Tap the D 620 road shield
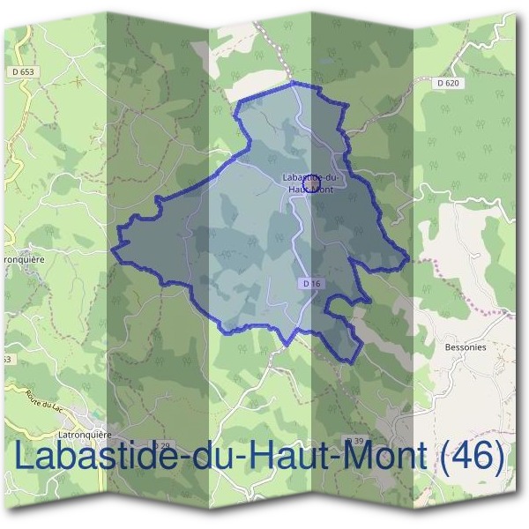[x=449, y=82]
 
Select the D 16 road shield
[x=309, y=284]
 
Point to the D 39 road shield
[x=354, y=440]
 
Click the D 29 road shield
[x=160, y=447]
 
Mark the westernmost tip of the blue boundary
[x=111, y=249]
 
